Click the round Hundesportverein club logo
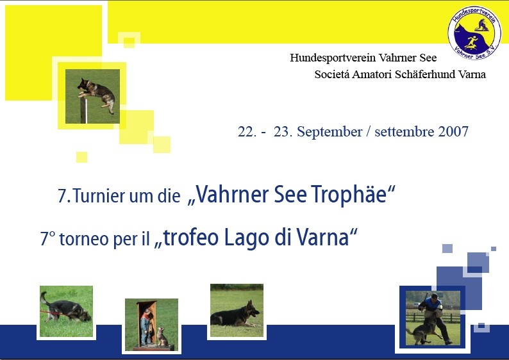tap(474, 33)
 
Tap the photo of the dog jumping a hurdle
tap(92, 96)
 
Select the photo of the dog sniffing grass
tap(66, 311)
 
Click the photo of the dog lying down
tap(237, 310)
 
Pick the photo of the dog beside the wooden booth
tap(151, 324)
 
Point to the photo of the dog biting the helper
tap(433, 318)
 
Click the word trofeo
tap(190, 238)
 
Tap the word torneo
tap(84, 239)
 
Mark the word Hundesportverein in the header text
tap(333, 58)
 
